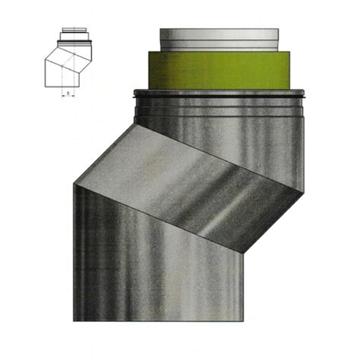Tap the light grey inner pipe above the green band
point(220,39)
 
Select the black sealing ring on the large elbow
point(220,95)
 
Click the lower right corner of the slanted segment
point(241,251)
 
